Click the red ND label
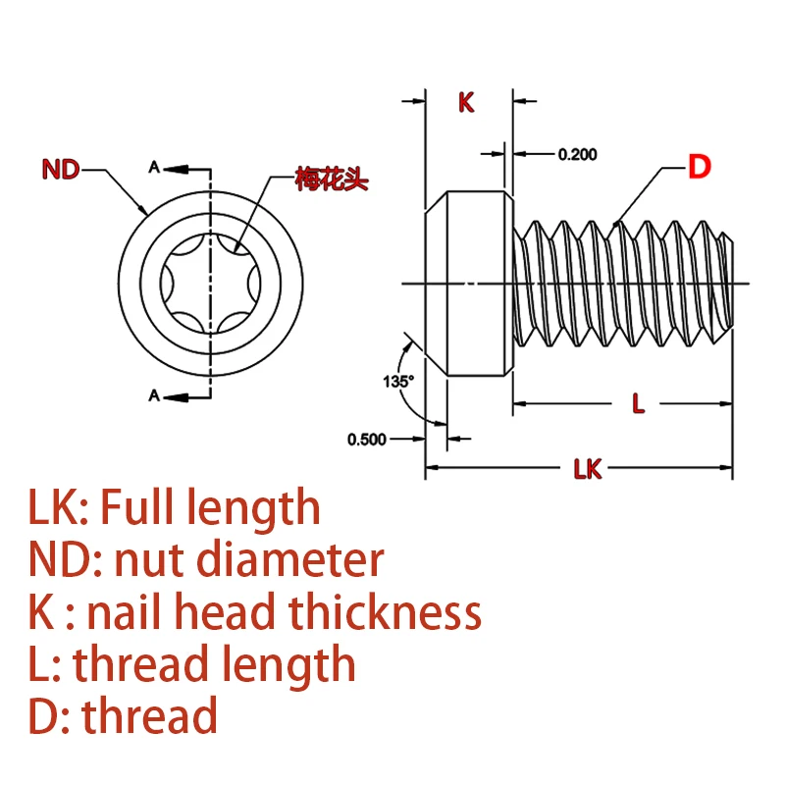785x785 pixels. (x=61, y=170)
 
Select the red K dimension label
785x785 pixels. (x=466, y=102)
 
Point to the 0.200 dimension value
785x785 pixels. (x=577, y=154)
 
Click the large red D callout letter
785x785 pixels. (x=698, y=168)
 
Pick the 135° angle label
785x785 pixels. (x=399, y=379)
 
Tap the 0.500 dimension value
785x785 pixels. (x=367, y=439)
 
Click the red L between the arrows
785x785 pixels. (x=638, y=402)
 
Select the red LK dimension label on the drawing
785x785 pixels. (x=587, y=470)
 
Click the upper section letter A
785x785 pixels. (x=153, y=167)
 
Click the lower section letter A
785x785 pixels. (x=153, y=395)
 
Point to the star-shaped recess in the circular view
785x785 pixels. (x=211, y=283)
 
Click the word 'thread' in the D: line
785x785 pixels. (x=150, y=716)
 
